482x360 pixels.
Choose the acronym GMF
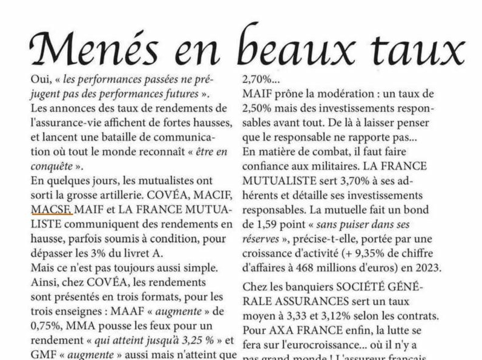click(44, 355)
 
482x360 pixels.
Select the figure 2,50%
click(259, 108)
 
